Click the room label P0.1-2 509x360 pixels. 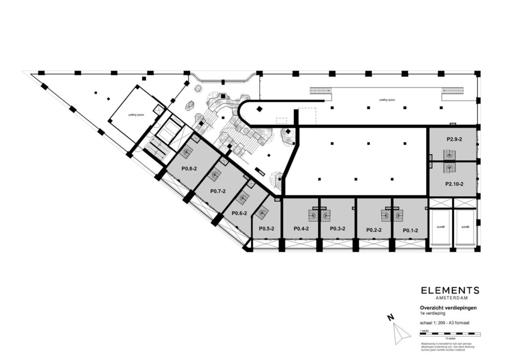click(410, 230)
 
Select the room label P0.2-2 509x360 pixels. click(373, 230)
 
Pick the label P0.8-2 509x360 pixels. click(189, 169)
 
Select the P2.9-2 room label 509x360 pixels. click(454, 139)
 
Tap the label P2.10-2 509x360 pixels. click(454, 184)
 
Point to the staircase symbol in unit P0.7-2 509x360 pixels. click(215, 175)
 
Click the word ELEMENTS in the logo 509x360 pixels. click(450, 290)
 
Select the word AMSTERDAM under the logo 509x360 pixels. click(450, 298)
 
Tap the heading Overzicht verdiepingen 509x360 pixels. click(448, 308)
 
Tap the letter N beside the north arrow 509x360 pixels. click(391, 317)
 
